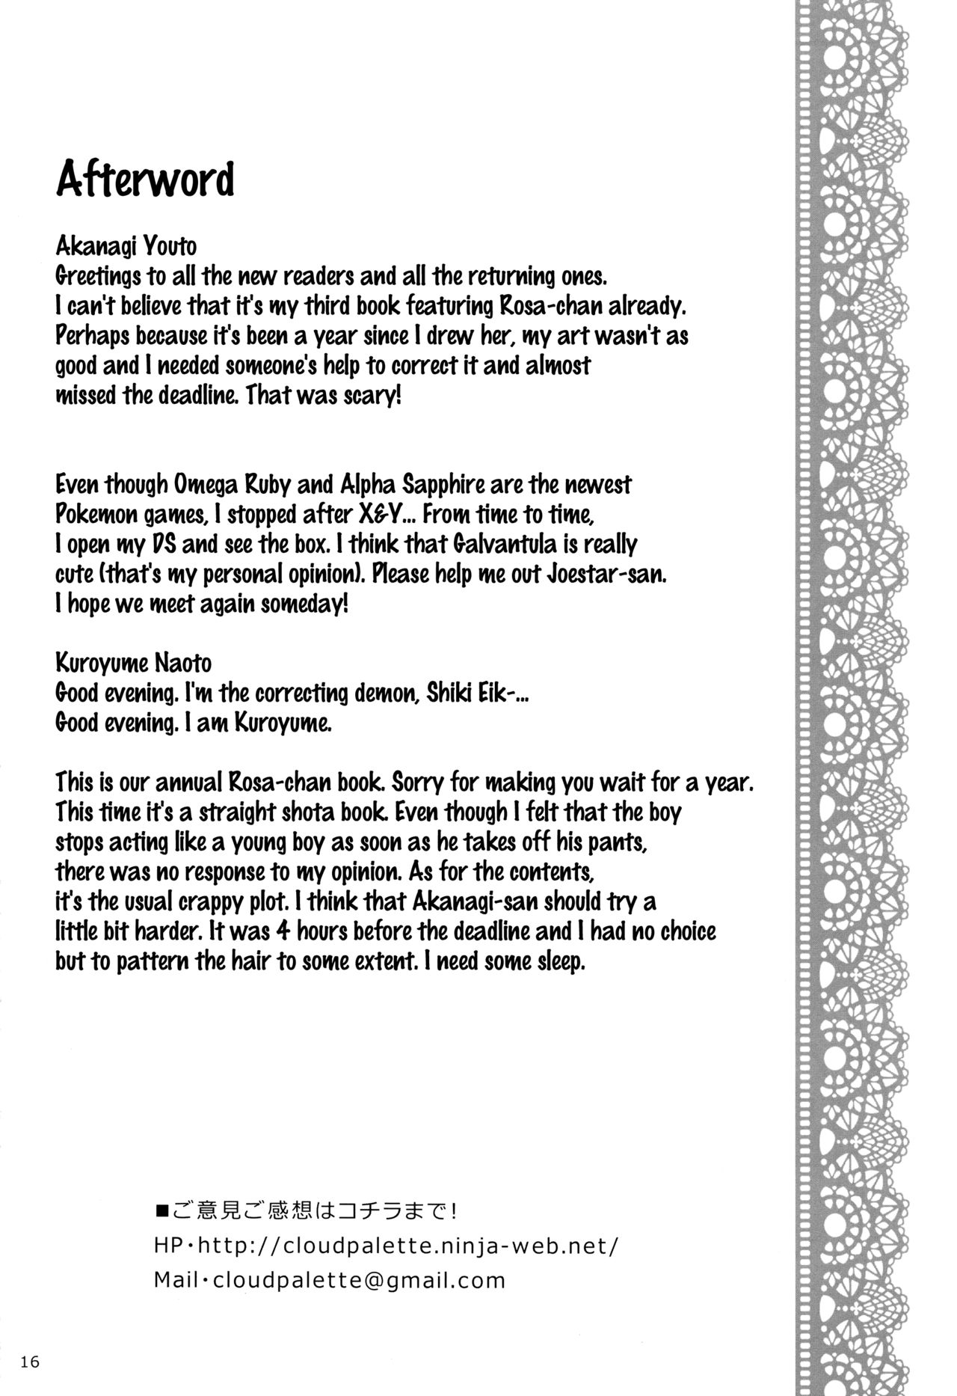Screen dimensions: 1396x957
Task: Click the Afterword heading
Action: (x=145, y=179)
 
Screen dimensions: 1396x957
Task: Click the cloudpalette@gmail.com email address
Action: (x=360, y=1280)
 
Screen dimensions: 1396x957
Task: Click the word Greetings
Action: (x=98, y=277)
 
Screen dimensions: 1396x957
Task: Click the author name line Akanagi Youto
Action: (x=126, y=246)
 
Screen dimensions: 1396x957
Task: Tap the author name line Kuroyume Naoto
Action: (x=133, y=663)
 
